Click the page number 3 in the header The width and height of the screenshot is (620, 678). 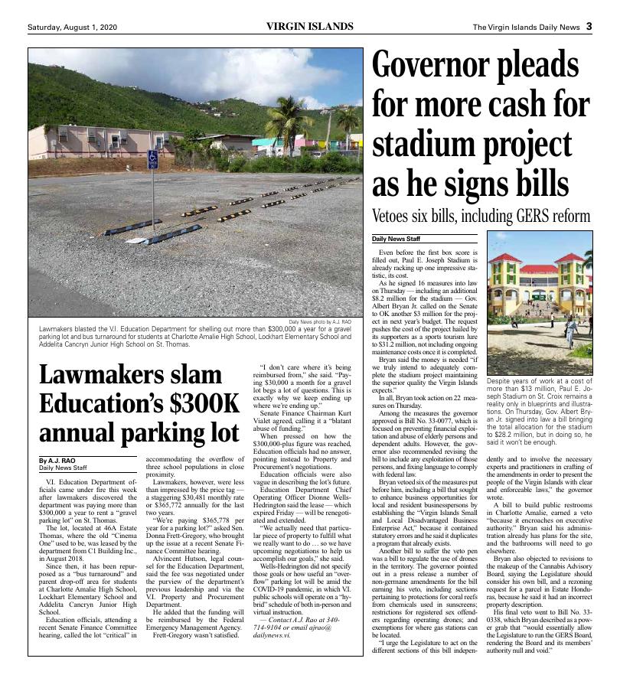pyautogui.click(x=589, y=27)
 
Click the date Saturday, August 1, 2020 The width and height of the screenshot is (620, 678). pyautogui.click(x=73, y=28)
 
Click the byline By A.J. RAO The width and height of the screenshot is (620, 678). pyautogui.click(x=57, y=461)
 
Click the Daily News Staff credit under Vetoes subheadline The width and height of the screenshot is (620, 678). pyautogui.click(x=396, y=240)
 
